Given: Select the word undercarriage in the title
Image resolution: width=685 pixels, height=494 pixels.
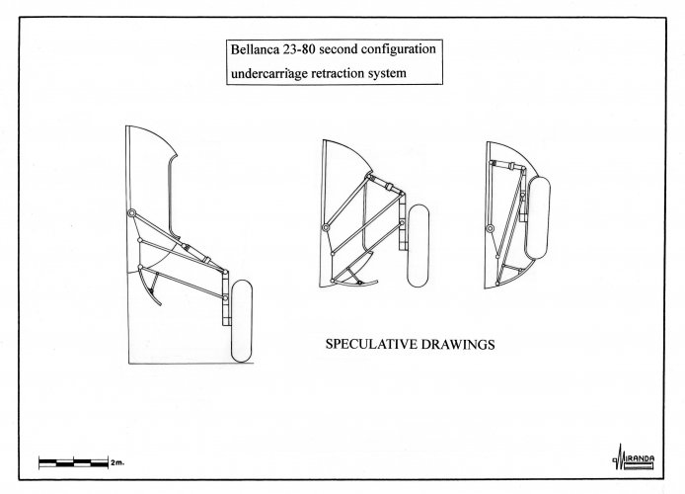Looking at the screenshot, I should pos(266,73).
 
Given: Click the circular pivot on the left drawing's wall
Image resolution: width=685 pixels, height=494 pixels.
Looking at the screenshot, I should pos(131,214).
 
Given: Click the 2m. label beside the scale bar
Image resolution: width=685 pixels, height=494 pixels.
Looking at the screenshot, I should pos(117,461).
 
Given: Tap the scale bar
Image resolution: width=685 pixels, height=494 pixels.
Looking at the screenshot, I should pos(72,461).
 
